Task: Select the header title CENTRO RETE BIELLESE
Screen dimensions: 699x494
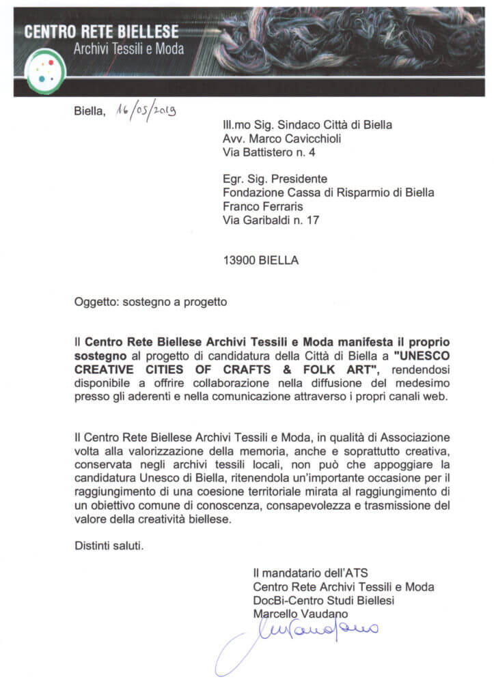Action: point(101,31)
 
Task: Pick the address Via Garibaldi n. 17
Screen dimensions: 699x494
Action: point(271,220)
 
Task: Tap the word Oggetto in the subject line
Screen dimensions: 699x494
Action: point(94,300)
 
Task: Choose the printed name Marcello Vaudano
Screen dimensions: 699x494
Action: point(296,614)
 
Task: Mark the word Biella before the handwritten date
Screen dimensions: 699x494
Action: point(90,113)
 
